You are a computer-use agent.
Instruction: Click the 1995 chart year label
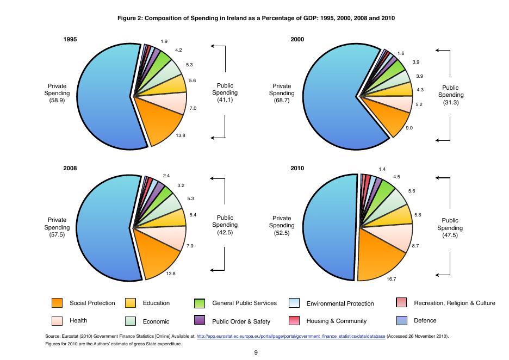[x=70, y=40]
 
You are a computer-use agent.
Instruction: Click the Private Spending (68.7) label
[x=282, y=93]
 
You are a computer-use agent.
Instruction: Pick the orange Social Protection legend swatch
[x=57, y=303]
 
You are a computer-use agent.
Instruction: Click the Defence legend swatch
[x=402, y=321]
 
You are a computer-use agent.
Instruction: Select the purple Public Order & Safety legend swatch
[x=200, y=321]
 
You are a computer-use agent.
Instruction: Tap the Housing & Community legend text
[x=337, y=321]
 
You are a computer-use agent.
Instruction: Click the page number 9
[x=256, y=352]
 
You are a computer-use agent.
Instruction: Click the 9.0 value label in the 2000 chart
[x=409, y=128]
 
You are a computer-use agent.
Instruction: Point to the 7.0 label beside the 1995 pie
[x=193, y=109]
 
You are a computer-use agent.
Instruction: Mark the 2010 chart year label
[x=297, y=169]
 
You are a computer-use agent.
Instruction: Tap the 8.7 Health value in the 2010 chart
[x=415, y=246]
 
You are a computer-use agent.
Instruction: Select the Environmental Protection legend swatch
[x=294, y=303]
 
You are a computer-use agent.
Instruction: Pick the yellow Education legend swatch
[x=131, y=303]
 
